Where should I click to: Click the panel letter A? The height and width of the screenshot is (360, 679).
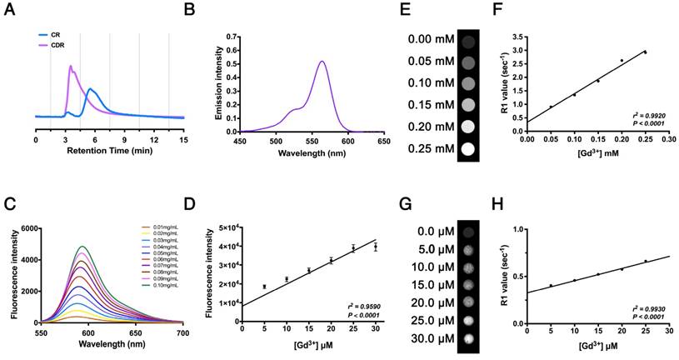click(8, 12)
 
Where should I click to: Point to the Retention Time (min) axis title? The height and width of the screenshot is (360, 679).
click(107, 154)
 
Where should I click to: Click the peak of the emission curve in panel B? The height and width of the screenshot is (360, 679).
click(322, 61)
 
